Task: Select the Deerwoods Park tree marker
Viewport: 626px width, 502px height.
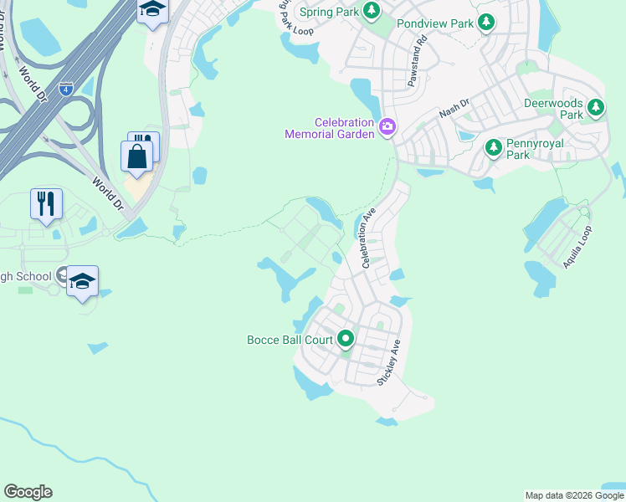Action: click(x=596, y=107)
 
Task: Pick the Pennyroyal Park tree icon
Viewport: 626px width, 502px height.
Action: click(x=494, y=148)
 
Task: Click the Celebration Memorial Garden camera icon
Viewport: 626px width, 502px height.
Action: click(x=387, y=127)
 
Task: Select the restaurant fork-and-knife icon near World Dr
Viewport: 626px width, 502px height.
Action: click(x=46, y=203)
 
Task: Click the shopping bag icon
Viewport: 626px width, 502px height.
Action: click(x=136, y=156)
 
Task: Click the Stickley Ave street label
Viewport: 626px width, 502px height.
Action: click(x=389, y=361)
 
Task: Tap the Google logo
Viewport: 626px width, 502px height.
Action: click(x=28, y=492)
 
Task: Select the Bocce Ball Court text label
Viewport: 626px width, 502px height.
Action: click(x=290, y=340)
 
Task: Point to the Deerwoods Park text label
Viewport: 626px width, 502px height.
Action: click(x=552, y=108)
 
